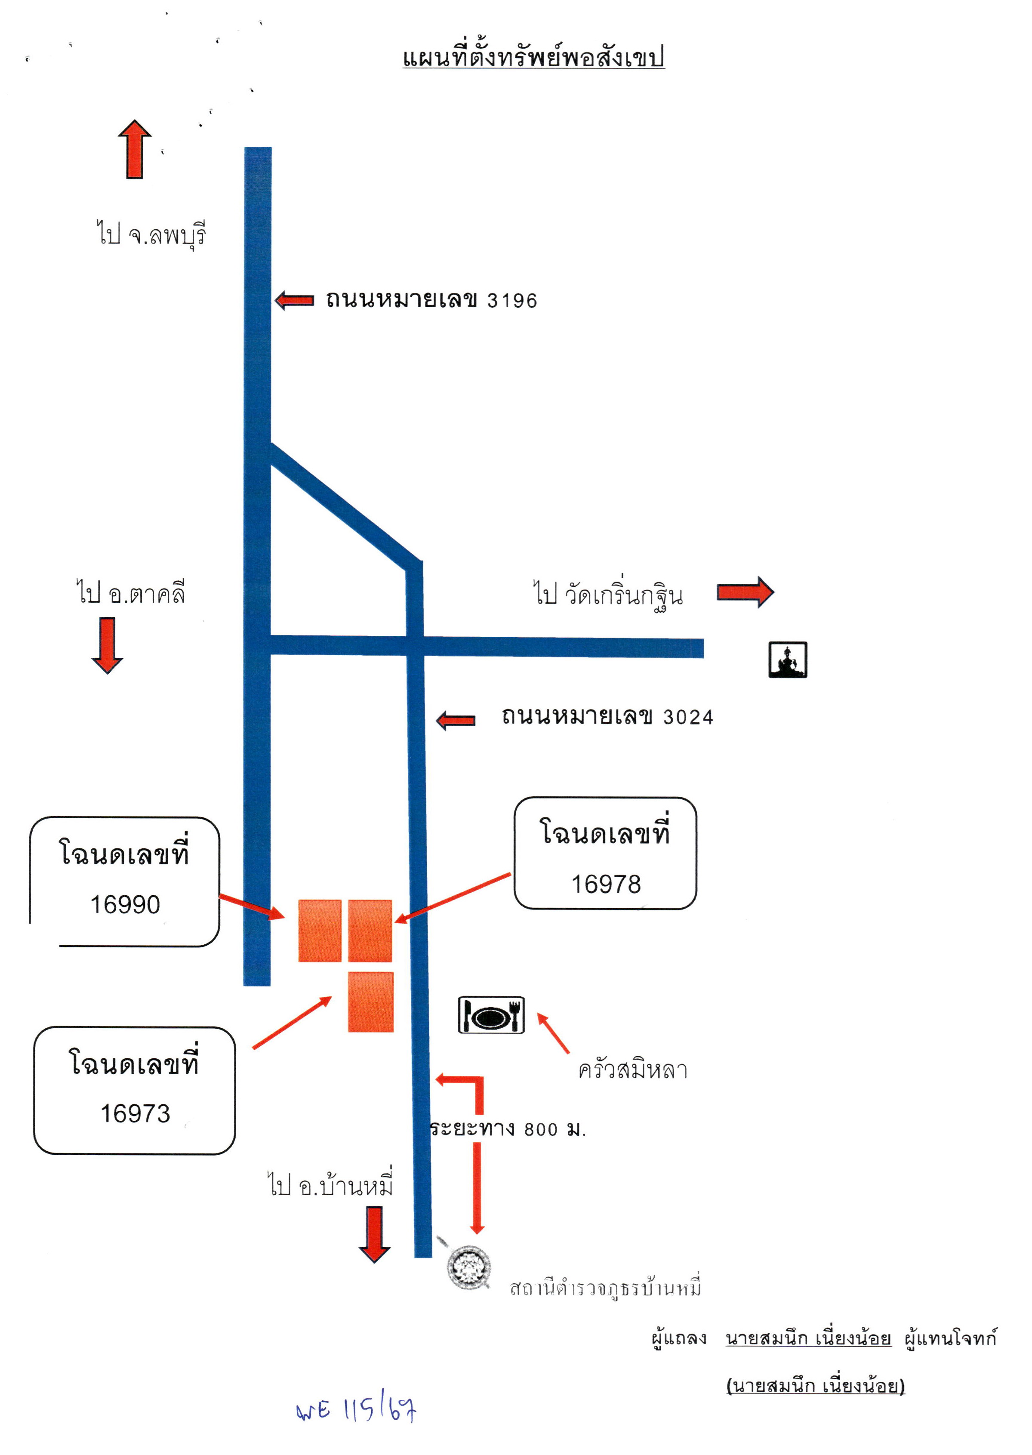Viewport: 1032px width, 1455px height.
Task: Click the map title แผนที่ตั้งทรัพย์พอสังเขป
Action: (x=534, y=57)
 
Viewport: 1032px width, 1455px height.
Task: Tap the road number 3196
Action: (x=512, y=301)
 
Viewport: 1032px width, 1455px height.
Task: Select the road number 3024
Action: (x=688, y=717)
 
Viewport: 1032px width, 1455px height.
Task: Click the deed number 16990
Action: (x=125, y=905)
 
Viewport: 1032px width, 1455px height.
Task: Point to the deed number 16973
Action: (x=136, y=1113)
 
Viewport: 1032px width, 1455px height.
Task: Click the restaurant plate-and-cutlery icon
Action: (x=491, y=1015)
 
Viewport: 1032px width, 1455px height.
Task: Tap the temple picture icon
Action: (x=788, y=660)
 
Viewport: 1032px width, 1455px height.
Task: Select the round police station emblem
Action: (x=469, y=1268)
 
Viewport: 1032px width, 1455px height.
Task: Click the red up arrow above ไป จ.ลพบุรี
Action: (x=135, y=149)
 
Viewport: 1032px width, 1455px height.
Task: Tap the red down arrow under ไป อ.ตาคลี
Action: (x=108, y=645)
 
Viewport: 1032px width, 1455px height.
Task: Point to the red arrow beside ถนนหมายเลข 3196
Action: (x=294, y=301)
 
